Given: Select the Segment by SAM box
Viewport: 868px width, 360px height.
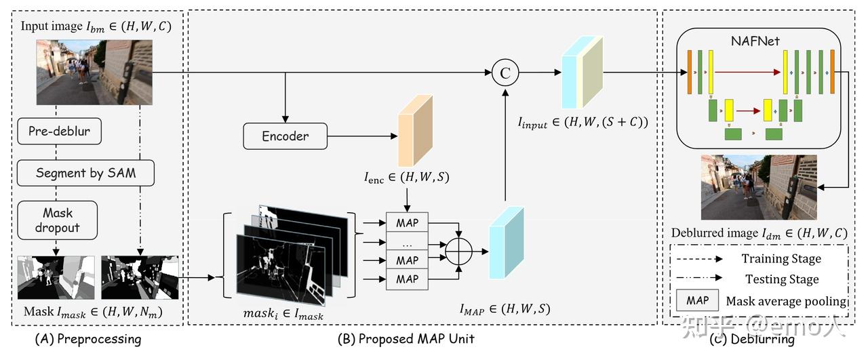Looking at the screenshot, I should [x=85, y=173].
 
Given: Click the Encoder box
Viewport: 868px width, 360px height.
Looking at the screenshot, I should [x=285, y=136].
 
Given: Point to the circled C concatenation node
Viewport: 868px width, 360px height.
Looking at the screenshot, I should [x=505, y=73].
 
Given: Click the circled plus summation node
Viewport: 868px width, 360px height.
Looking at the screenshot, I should [x=459, y=251].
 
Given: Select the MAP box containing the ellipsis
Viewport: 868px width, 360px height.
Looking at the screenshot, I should [x=407, y=241].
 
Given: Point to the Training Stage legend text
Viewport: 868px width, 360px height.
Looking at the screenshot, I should [x=781, y=259].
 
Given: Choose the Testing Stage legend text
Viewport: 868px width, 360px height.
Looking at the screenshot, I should [x=782, y=279].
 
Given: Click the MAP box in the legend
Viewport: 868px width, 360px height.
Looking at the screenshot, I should [x=698, y=300].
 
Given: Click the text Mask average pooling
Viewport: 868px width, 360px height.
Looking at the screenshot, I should [x=786, y=301].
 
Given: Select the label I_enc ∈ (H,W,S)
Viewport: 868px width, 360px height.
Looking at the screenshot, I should [x=406, y=178].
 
